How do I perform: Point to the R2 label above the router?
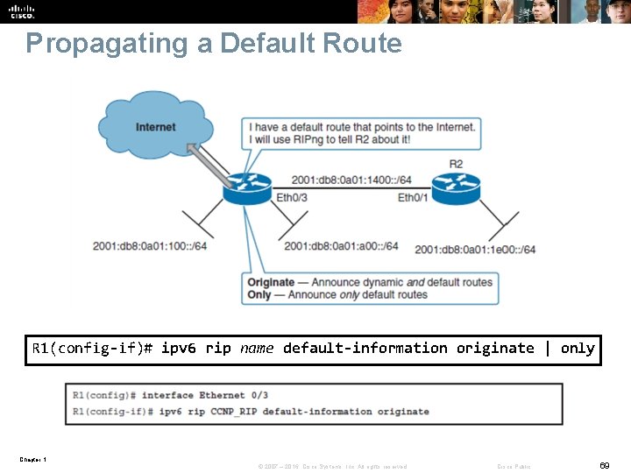click(x=456, y=164)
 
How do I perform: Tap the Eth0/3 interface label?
click(x=292, y=198)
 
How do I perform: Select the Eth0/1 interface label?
click(x=413, y=198)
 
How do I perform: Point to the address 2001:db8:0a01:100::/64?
click(x=150, y=246)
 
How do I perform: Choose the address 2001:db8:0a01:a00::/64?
click(x=341, y=246)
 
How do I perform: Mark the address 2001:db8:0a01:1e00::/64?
click(x=475, y=250)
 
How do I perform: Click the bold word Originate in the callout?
click(x=271, y=282)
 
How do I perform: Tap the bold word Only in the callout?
click(x=259, y=295)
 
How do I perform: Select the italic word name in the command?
click(x=257, y=348)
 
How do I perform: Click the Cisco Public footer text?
click(x=514, y=466)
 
